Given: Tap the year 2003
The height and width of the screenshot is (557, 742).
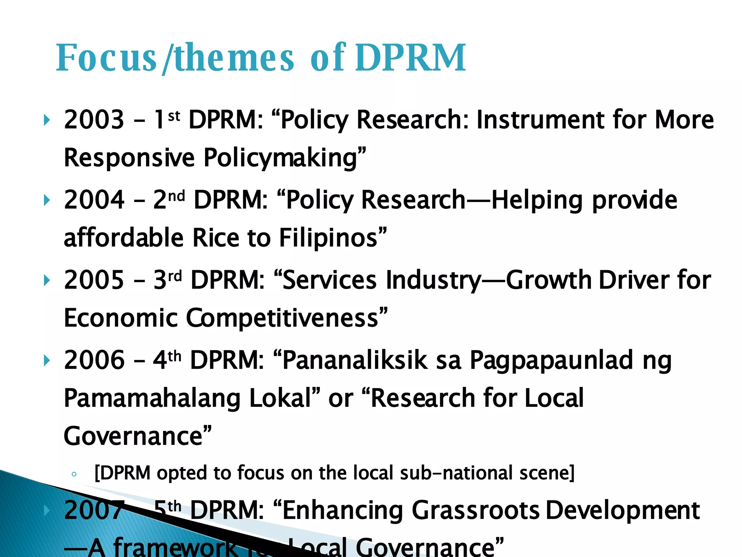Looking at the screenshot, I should tap(94, 120).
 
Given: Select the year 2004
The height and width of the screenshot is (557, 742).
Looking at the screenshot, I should tap(94, 200).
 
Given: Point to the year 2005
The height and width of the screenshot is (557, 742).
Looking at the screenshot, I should tap(94, 280).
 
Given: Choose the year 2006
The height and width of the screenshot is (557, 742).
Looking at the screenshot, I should tap(94, 360).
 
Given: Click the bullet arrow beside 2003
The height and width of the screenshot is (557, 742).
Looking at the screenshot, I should tap(46, 120).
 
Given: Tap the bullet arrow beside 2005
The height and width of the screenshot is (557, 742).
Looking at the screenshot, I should tap(46, 280).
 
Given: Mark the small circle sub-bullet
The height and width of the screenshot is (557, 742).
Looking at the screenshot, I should tap(74, 474).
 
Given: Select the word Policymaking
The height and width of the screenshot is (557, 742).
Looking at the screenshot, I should tap(281, 158).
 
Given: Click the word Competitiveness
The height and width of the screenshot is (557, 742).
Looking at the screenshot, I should tap(283, 318).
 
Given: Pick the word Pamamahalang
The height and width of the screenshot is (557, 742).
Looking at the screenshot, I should tap(152, 398).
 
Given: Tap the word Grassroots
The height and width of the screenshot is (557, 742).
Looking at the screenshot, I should tap(475, 511).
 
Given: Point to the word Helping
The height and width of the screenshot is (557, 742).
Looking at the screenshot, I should tap(536, 201).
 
